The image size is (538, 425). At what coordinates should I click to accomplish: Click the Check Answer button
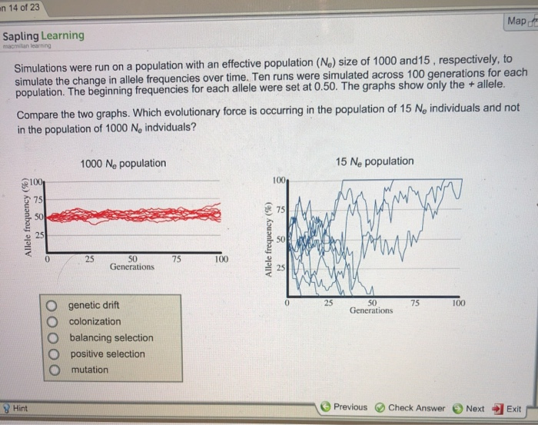point(410,408)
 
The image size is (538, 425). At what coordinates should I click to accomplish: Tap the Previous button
point(344,407)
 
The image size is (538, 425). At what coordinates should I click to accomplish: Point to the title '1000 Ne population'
point(122,163)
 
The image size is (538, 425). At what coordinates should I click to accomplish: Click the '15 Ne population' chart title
point(374,161)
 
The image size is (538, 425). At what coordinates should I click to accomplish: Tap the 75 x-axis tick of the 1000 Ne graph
point(177,259)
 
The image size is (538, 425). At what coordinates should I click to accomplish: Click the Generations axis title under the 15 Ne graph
point(371,310)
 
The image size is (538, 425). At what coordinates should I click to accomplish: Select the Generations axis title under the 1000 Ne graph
point(132,266)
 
